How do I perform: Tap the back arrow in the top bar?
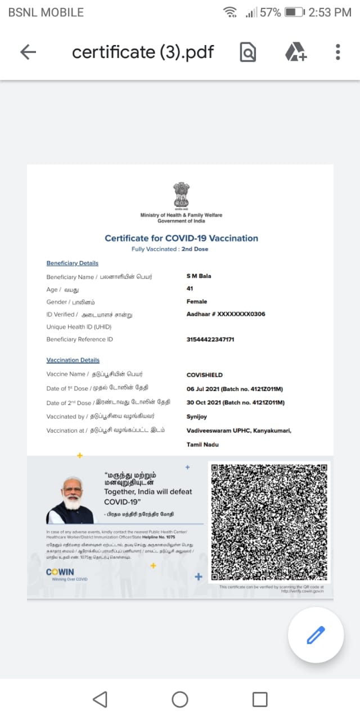point(28,52)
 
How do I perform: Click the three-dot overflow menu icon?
point(337,52)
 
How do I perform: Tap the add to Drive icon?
point(295,52)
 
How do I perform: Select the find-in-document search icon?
point(247,52)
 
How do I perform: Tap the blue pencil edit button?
point(316,636)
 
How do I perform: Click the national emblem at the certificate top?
point(181,196)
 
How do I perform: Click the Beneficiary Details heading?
point(72,263)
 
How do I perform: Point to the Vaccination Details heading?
point(73,360)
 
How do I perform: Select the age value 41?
point(190,289)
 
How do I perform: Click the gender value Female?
point(197,301)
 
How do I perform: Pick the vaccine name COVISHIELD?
point(205,375)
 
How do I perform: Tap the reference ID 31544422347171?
point(210,339)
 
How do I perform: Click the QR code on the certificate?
point(269,522)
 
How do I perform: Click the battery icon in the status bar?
point(294,12)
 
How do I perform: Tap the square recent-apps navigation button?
point(260,699)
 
